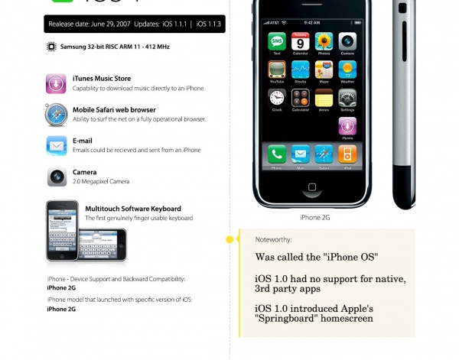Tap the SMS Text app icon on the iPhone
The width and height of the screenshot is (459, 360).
tap(277, 41)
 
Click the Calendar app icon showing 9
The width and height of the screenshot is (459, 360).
tap(301, 41)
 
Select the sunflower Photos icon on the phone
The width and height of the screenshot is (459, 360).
tap(324, 41)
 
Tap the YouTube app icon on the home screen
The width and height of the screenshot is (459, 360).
tap(277, 70)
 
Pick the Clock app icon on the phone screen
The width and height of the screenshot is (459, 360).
tap(277, 98)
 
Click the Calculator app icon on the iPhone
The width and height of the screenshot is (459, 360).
tap(301, 98)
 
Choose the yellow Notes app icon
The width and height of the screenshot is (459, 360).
tap(324, 98)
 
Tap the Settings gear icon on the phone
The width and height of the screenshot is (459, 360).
tap(347, 98)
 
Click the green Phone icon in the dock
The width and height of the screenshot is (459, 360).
tap(277, 154)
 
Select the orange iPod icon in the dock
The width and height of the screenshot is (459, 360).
tap(347, 154)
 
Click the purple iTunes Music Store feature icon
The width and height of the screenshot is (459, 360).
tap(56, 83)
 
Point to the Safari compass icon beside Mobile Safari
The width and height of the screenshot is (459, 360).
tap(56, 115)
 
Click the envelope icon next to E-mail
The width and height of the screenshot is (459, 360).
tap(56, 145)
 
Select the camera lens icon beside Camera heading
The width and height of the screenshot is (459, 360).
tap(56, 177)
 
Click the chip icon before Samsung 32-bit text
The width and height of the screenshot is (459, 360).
tap(52, 47)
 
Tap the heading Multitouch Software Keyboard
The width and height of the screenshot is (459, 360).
tap(133, 209)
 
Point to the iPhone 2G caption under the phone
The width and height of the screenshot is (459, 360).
tap(315, 218)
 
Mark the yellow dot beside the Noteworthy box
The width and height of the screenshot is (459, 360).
tap(229, 240)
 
